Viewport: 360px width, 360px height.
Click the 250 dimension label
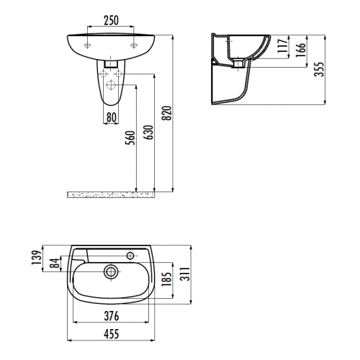point(111,20)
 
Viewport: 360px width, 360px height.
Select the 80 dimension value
point(111,117)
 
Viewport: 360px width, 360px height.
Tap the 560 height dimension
point(130,138)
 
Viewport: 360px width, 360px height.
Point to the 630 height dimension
point(148,132)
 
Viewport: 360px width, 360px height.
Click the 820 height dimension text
point(167,113)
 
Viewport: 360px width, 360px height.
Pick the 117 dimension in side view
point(282,45)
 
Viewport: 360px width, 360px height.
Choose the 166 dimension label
point(300,50)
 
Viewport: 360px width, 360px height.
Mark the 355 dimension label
point(319,69)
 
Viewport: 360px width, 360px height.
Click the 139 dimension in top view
point(37,258)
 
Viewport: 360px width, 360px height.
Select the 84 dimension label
point(55,263)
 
